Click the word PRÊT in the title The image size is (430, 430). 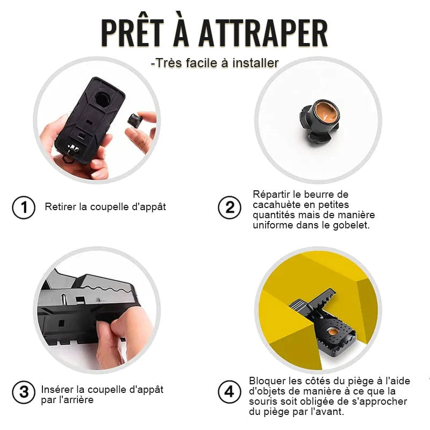click(x=132, y=32)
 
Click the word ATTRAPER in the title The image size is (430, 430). click(x=263, y=33)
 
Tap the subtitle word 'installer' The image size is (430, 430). click(x=256, y=63)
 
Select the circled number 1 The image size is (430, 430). click(x=24, y=207)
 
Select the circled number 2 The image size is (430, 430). click(x=230, y=207)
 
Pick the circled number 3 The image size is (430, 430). click(x=24, y=392)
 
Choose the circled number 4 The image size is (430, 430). click(x=230, y=392)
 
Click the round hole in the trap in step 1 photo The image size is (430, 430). click(x=103, y=99)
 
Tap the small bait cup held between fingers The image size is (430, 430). click(x=135, y=119)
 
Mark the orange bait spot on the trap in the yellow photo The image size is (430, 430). click(x=333, y=332)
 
